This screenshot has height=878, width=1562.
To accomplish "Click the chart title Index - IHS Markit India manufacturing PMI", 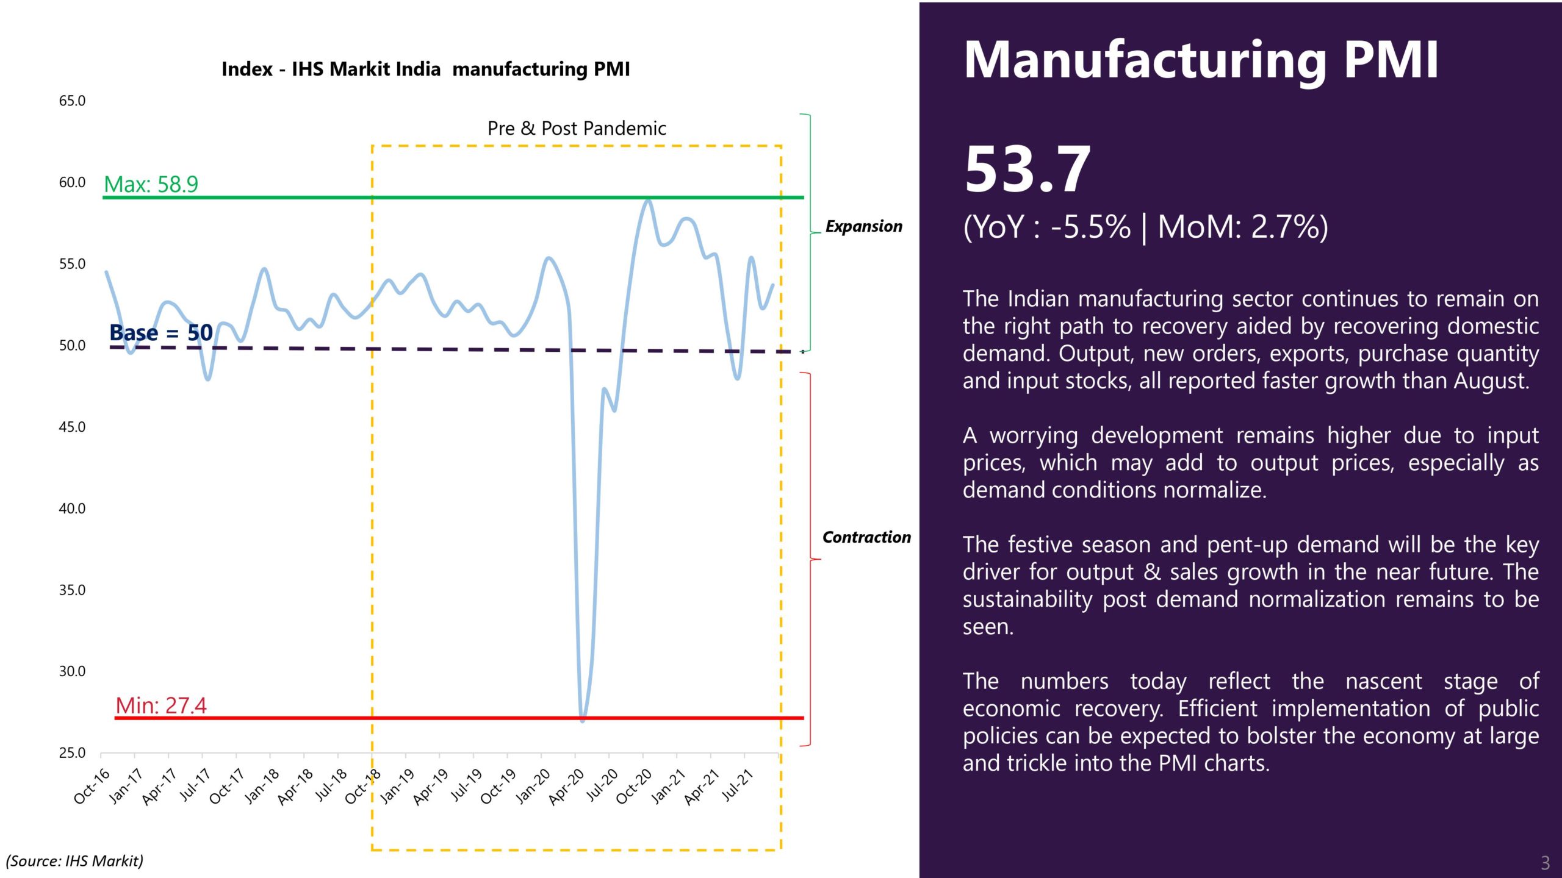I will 425,69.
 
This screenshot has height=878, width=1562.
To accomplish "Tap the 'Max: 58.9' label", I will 151,184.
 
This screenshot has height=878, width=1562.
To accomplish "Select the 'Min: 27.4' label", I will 161,705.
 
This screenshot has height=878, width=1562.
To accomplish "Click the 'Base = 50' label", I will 161,333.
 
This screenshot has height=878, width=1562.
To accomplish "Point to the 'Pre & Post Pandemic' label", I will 577,129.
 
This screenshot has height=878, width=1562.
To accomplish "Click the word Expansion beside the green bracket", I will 863,226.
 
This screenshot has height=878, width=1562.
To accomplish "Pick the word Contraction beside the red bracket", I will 866,537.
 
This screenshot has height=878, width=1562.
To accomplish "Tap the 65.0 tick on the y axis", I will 72,101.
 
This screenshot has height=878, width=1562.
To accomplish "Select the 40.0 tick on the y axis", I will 72,509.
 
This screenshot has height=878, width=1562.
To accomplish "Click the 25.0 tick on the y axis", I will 72,753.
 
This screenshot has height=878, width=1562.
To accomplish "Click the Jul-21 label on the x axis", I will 738,786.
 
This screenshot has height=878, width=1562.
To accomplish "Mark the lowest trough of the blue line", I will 583,720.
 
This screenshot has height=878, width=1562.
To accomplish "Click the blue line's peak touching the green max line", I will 648,201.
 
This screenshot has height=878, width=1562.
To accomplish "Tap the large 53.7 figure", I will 1028,169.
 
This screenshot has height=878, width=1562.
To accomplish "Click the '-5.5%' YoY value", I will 1090,227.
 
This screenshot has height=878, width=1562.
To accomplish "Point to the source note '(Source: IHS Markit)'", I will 74,861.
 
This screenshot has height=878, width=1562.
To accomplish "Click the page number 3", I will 1545,863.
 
